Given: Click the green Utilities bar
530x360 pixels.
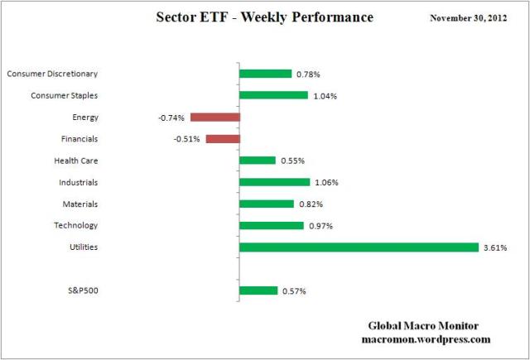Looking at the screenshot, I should pos(358,247).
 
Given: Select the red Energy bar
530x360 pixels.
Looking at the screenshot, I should pos(214,118).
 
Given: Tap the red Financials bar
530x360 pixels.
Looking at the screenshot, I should pos(222,139).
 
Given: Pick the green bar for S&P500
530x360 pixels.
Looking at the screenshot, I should pos(258,290).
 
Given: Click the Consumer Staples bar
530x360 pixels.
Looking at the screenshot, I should pos(273,95).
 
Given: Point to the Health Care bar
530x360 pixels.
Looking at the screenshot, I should pos(257,161).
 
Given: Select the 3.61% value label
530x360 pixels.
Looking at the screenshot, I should pos(495,247).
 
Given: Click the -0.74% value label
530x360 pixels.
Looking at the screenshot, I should pos(171,118).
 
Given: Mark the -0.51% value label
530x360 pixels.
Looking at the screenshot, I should pos(187,139).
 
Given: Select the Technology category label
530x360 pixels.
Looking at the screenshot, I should pos(76,225).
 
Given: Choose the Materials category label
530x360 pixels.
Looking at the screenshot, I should pos(80,204).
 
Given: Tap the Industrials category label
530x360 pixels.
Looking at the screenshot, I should pos(79,182).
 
